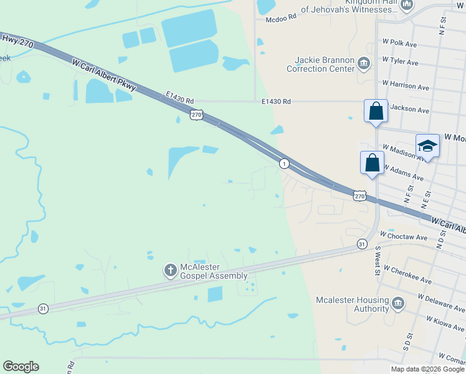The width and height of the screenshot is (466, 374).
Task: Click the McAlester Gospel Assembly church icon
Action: point(169,270)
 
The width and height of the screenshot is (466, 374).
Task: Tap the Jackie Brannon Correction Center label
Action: point(320,64)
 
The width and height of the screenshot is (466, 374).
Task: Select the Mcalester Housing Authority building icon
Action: point(397,304)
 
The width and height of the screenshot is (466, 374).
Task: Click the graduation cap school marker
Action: point(427,146)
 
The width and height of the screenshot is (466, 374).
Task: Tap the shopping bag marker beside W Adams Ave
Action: point(372,162)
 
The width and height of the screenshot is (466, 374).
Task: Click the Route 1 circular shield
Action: point(284,163)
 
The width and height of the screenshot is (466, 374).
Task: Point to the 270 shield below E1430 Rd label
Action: point(197,114)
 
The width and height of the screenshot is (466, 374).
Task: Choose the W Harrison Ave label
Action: point(406,84)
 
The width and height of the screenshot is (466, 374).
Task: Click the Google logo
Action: point(21,367)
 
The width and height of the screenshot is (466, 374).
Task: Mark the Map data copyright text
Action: point(427,369)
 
